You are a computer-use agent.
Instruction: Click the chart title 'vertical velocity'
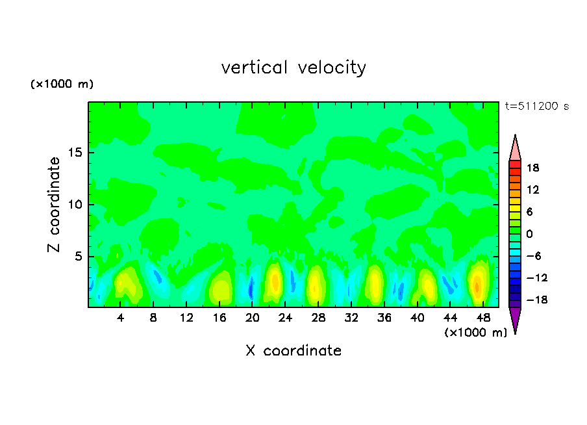point(293,68)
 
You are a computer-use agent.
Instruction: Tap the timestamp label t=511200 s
point(536,107)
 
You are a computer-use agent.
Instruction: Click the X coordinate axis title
point(293,351)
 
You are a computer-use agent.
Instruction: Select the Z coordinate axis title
point(55,205)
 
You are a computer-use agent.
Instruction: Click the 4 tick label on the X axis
point(121,318)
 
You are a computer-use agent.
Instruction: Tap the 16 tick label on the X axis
point(219,318)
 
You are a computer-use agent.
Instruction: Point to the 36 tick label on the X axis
point(384,318)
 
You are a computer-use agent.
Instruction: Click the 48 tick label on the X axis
point(482,318)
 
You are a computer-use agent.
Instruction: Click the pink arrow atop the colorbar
point(515,148)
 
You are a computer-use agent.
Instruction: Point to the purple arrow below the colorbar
point(515,319)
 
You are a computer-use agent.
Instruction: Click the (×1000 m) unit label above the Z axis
point(62,84)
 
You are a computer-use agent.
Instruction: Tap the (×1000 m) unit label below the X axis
point(475,333)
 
